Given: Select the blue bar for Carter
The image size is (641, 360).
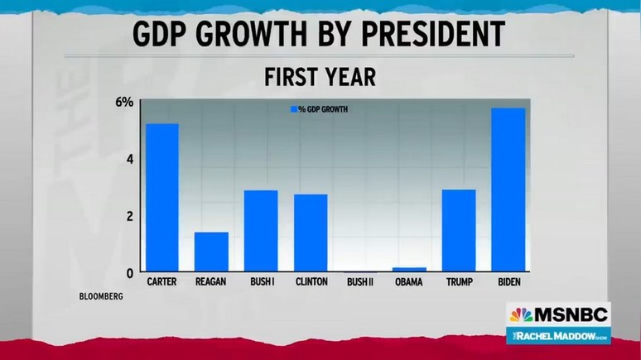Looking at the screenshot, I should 163,198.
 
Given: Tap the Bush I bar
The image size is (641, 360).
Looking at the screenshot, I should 260,231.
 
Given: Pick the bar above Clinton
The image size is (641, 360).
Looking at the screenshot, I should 311,233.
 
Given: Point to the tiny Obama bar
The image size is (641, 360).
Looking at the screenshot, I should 409,269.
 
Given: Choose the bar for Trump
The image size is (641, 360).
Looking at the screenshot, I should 458,231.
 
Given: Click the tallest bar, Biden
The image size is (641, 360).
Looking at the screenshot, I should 508,190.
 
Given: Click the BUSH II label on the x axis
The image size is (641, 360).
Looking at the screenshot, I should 360,282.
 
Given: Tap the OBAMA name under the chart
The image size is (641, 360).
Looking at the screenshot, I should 409,282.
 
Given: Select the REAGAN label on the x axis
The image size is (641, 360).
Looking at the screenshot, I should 211,282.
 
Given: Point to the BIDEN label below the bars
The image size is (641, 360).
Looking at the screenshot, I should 508,282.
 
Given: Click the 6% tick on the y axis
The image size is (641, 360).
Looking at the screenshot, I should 124,103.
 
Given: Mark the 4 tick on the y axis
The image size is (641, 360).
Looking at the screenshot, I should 128,159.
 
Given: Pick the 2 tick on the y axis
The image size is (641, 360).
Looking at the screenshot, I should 128,216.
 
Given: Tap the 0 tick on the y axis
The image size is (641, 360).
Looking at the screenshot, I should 128,272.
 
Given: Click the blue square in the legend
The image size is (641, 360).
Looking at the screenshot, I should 292,109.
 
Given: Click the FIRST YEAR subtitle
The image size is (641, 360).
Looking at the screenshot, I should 320,77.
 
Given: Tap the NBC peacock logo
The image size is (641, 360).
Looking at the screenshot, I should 521,314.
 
